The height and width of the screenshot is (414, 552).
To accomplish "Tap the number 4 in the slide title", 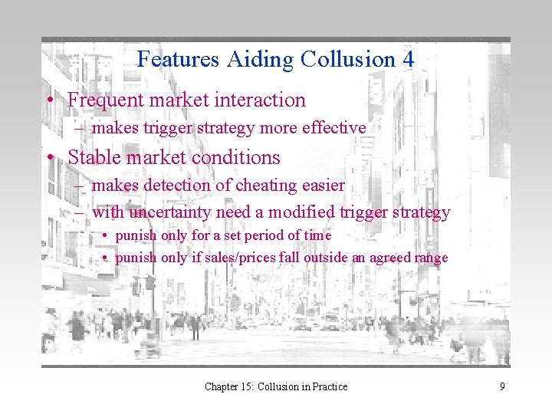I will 408,59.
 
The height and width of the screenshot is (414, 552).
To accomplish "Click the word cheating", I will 271,185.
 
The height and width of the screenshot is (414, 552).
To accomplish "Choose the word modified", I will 309,212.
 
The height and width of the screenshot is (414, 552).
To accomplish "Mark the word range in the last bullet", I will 431,258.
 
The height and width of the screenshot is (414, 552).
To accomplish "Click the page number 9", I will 502,386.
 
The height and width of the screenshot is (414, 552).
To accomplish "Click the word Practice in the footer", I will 326,386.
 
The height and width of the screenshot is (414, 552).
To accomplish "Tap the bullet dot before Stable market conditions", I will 50,158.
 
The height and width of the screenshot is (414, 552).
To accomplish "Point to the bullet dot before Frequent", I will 50,100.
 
